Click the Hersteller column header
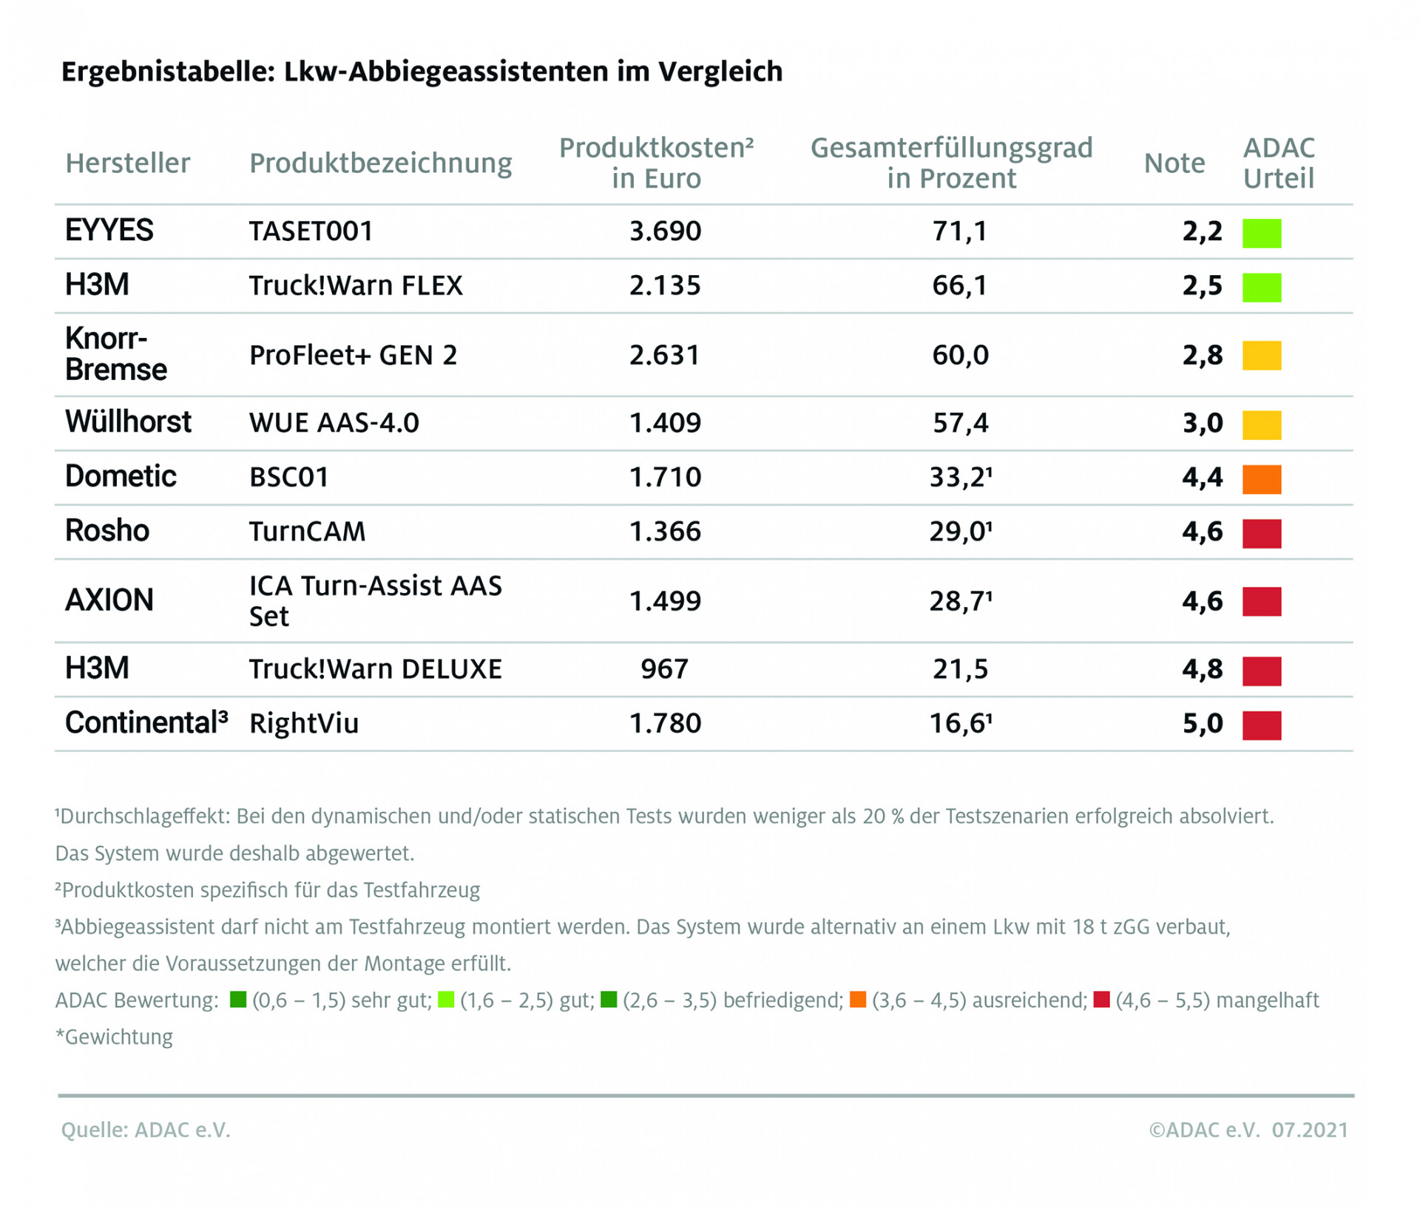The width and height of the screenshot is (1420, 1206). tap(127, 163)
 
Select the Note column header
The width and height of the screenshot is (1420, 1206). tap(1174, 163)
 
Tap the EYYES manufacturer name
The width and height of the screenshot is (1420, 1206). tap(109, 231)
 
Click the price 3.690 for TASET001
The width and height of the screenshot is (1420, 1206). tap(664, 231)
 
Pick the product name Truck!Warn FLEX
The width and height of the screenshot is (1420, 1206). tap(356, 285)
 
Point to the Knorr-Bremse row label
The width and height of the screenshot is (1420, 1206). tap(115, 354)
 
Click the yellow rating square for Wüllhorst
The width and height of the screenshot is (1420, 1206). tap(1261, 424)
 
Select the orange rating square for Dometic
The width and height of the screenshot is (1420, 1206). tap(1261, 478)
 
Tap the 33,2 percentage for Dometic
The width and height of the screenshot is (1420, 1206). tap(959, 478)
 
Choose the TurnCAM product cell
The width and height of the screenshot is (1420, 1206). tap(307, 532)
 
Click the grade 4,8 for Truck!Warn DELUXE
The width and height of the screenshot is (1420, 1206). tap(1202, 669)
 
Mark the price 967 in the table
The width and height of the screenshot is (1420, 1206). tap(664, 669)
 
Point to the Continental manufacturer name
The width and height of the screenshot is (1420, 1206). tap(145, 723)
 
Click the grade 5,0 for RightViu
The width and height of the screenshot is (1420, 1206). tap(1202, 723)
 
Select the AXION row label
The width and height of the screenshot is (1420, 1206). tap(109, 600)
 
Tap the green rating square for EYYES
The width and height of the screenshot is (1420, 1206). tap(1261, 233)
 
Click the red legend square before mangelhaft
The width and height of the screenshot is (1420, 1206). tap(1101, 1000)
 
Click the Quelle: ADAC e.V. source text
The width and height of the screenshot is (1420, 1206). tap(146, 1130)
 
